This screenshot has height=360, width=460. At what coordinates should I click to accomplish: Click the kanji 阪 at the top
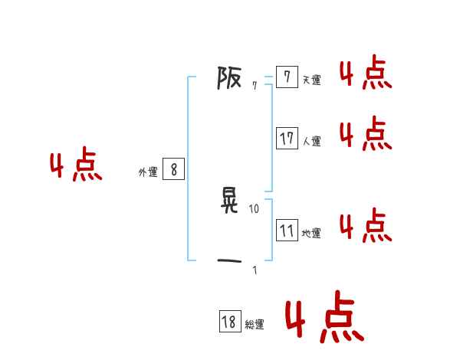coord(229,78)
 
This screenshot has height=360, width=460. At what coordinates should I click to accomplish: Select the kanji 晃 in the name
coord(229,201)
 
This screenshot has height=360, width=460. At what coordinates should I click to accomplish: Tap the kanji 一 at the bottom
coord(229,262)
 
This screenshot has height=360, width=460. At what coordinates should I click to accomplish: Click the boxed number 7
coord(287,77)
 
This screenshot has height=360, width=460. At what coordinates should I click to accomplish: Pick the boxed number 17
coord(287,139)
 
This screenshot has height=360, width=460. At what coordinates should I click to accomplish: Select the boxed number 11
coord(287,231)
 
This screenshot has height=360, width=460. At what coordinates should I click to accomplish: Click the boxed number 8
coord(174,170)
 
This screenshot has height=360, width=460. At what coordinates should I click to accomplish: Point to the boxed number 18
coord(229,322)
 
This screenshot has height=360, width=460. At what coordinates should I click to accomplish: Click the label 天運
coord(311,80)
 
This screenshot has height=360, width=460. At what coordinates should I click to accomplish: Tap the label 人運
coord(311,141)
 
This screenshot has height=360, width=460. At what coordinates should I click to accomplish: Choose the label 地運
coord(311,233)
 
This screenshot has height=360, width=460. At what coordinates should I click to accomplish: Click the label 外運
coord(147,172)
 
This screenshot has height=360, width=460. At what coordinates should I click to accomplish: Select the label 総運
coord(255,325)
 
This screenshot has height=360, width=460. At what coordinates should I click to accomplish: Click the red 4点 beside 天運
coord(365,74)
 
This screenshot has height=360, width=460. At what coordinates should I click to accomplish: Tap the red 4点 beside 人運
coord(365,134)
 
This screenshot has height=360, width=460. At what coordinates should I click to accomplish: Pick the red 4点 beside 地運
coord(365,225)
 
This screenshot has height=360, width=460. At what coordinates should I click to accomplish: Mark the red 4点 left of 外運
coord(76,166)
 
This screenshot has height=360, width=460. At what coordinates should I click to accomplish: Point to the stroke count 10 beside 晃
coord(255,208)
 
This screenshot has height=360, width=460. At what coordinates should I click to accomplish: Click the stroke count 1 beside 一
coord(255,270)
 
